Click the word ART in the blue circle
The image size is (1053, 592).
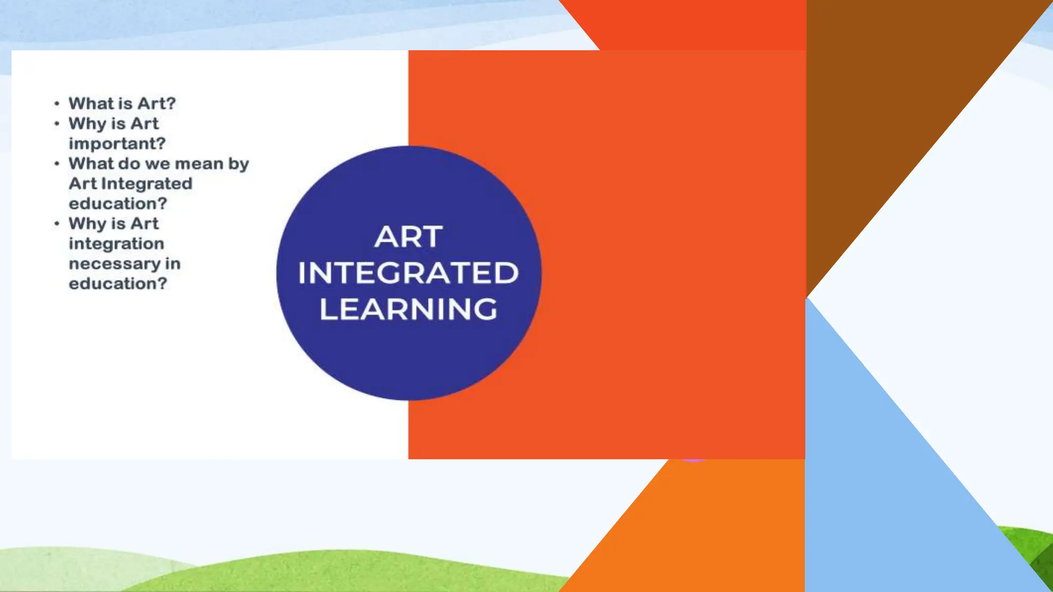click(408, 237)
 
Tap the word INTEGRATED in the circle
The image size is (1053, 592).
click(408, 273)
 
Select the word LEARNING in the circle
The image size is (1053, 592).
click(408, 309)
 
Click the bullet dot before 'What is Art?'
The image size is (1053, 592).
click(57, 104)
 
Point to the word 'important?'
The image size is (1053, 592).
click(117, 143)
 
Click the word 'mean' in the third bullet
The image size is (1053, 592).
click(199, 164)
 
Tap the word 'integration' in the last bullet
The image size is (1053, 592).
click(116, 244)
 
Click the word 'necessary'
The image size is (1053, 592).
click(115, 264)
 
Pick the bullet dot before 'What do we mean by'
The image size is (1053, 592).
click(57, 164)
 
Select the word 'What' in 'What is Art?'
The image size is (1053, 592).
click(87, 103)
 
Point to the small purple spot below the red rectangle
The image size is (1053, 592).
click(693, 459)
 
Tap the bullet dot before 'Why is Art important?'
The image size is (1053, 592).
click(57, 124)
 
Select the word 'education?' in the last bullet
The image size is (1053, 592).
click(118, 284)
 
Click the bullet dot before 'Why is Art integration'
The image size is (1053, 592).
click(57, 224)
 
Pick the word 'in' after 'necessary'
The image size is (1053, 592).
click(173, 264)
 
